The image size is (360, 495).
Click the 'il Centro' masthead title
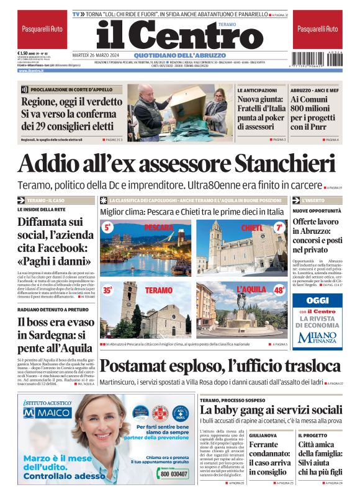(x=179, y=35)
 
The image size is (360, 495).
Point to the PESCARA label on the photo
(x=158, y=228)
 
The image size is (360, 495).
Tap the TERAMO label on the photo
(x=158, y=290)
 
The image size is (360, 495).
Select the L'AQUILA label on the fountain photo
(x=251, y=290)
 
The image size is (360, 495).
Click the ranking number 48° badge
(x=279, y=290)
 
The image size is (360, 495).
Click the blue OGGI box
(x=317, y=300)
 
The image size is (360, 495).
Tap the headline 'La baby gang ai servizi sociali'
(x=271, y=410)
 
